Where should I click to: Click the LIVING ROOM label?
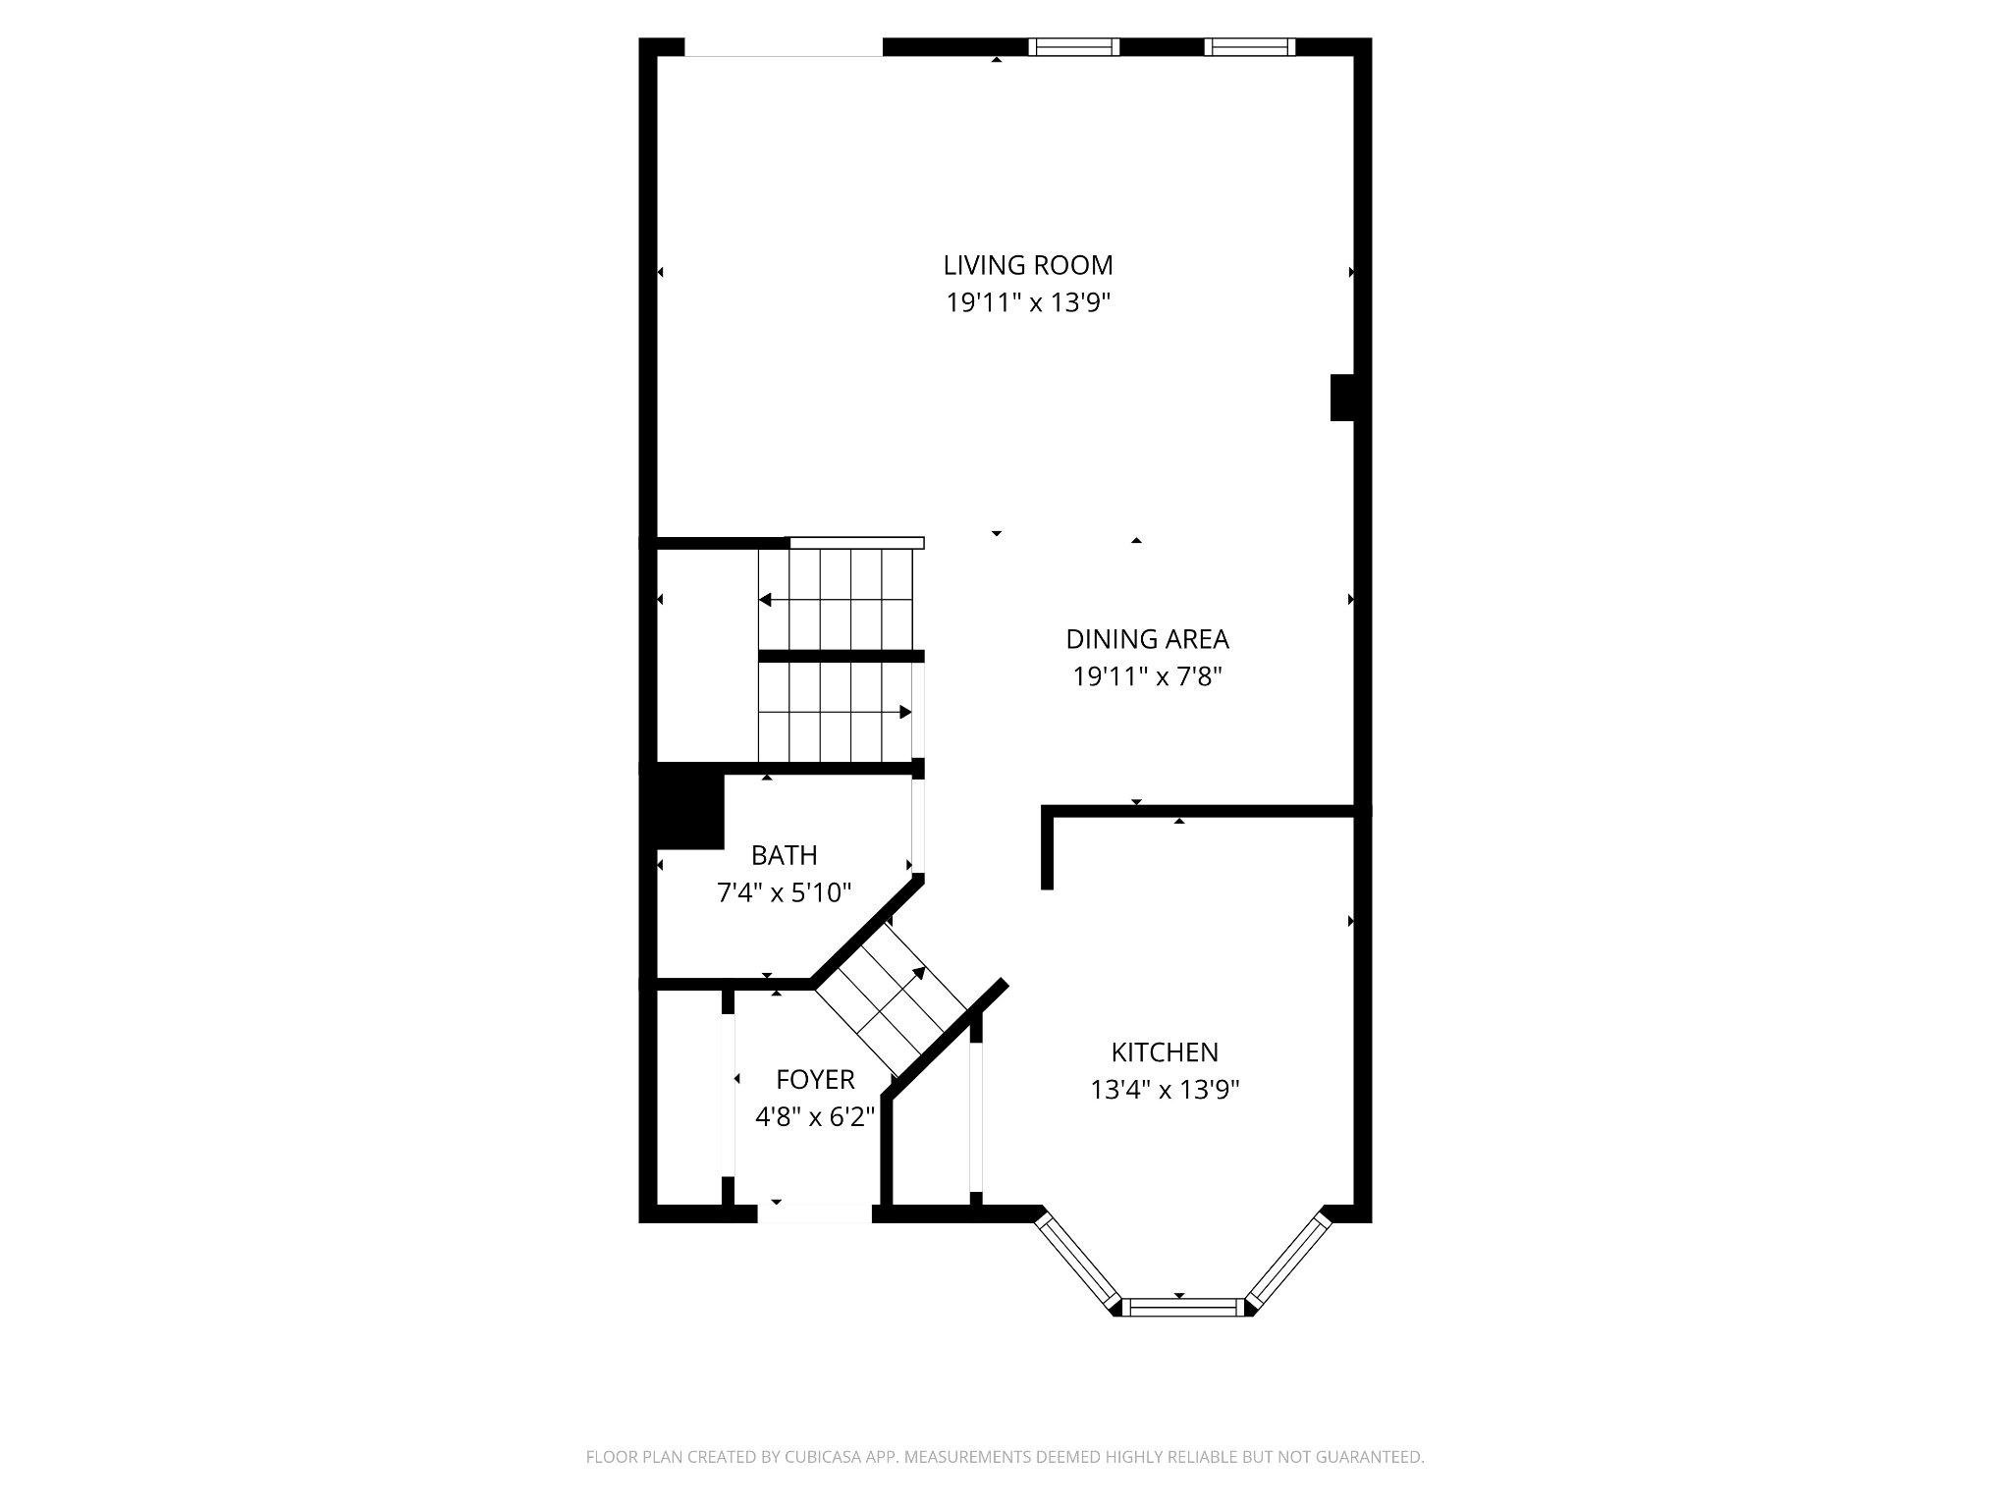click(1027, 265)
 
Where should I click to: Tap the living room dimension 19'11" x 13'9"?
click(1027, 302)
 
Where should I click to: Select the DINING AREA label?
click(1147, 639)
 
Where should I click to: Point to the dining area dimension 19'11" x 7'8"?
click(1147, 676)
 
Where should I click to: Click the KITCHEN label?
click(1165, 1052)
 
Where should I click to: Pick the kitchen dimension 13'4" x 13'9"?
click(1165, 1090)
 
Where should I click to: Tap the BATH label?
click(784, 855)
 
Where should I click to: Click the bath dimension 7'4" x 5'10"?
click(784, 892)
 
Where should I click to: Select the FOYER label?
click(815, 1080)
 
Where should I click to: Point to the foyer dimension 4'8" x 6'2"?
click(815, 1117)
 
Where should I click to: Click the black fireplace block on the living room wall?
click(1342, 398)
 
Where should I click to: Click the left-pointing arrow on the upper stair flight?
click(765, 600)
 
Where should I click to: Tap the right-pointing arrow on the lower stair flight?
click(904, 712)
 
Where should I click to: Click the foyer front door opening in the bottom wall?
click(814, 1213)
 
